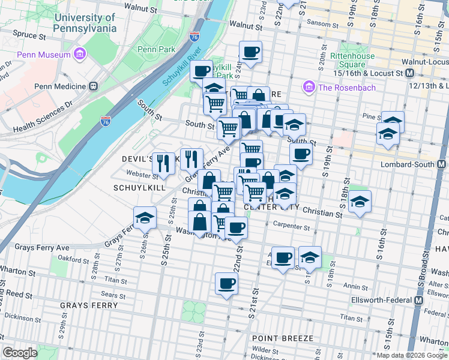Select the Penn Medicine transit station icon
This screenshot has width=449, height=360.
94,86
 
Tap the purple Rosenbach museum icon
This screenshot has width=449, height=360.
310,88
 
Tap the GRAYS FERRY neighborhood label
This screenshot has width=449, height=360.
85,305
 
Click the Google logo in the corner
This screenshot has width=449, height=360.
19,353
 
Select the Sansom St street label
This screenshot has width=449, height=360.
322,25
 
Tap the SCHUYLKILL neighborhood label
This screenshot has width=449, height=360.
135,188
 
